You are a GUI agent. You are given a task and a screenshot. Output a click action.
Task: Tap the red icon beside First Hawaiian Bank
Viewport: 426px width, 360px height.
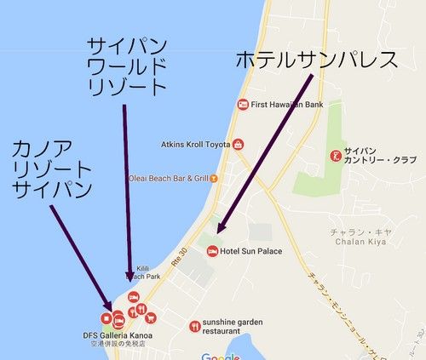tap(243, 105)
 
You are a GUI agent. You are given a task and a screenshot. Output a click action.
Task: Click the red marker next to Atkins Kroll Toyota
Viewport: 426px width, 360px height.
tap(239, 144)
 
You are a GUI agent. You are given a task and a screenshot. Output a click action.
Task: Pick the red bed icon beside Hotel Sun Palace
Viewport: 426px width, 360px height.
tap(212, 250)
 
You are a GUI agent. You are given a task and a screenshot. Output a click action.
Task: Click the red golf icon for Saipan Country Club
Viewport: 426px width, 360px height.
tap(336, 156)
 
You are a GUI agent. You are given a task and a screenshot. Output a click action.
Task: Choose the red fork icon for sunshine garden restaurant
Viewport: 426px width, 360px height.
tap(194, 325)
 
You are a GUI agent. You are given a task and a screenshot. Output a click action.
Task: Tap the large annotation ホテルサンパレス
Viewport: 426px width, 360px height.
tap(316, 60)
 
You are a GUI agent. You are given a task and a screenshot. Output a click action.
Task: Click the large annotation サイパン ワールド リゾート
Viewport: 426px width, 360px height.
tap(127, 66)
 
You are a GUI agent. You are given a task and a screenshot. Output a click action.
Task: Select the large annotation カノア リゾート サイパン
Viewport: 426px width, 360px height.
tap(51, 169)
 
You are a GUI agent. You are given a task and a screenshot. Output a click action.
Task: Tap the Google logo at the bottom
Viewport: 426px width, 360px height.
tap(221, 356)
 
